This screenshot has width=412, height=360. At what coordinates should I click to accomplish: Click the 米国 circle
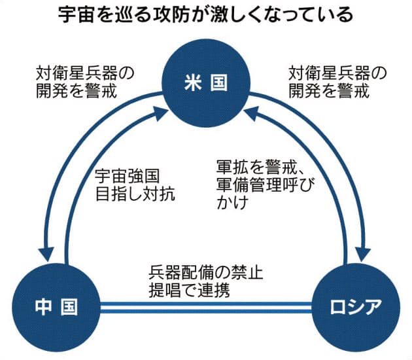coord(207,84)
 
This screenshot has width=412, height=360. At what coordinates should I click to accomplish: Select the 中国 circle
coord(56,306)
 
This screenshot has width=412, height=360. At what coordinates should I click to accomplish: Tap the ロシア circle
coord(353,306)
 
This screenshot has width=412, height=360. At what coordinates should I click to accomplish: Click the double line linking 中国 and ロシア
coord(205,306)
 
